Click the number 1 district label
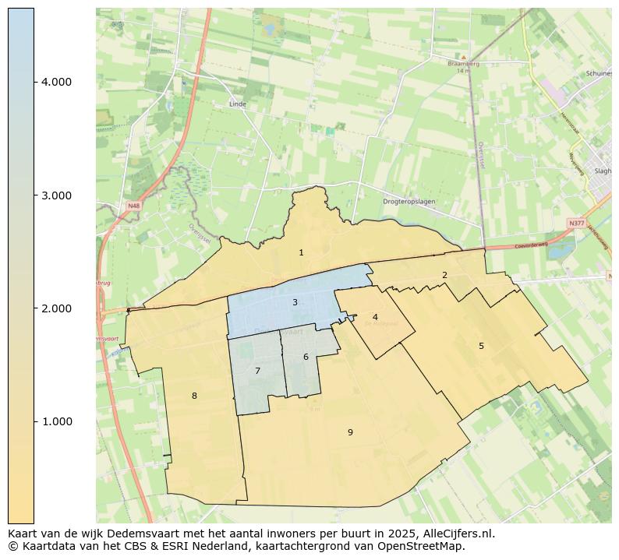[301, 252]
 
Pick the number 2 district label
[444, 275]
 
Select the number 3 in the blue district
[295, 302]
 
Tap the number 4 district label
[375, 317]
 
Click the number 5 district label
[481, 346]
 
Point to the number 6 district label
[306, 357]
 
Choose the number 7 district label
[257, 371]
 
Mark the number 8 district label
[194, 396]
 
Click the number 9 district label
[350, 432]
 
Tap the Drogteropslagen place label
[409, 202]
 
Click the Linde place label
[237, 104]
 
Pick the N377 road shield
[576, 223]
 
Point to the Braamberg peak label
[463, 63]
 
